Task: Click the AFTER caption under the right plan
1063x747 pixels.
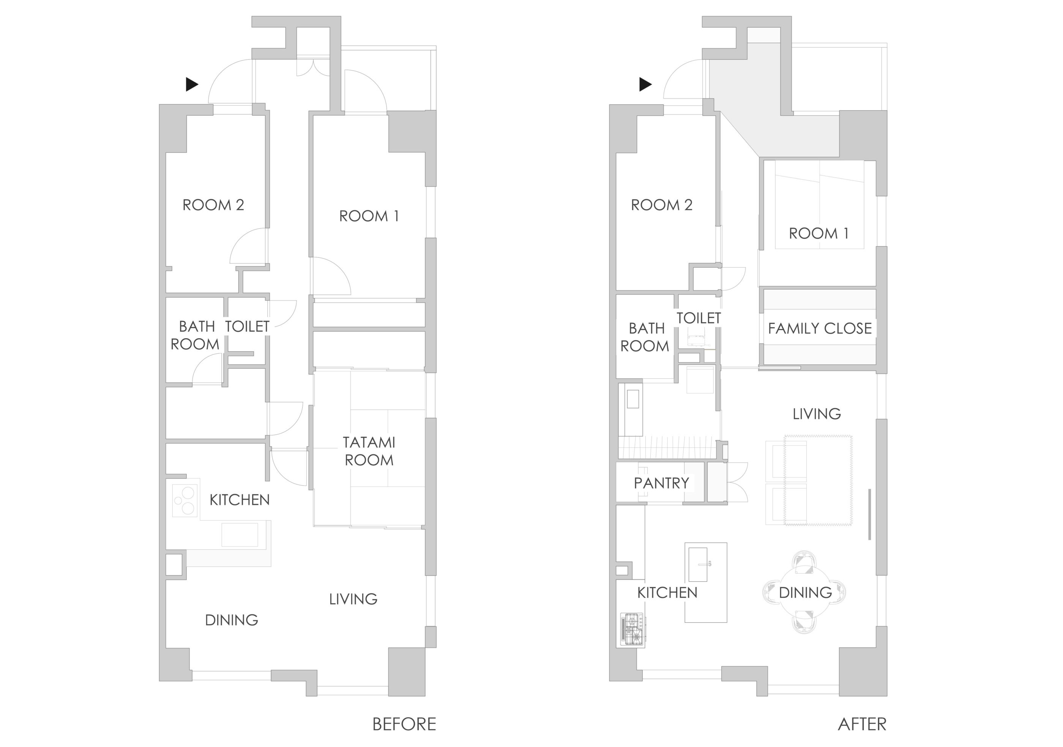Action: [x=862, y=724]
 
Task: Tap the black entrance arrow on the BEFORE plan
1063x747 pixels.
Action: [x=192, y=84]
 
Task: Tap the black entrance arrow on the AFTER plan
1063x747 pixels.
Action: [x=645, y=84]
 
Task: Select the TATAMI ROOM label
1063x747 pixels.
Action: [x=369, y=451]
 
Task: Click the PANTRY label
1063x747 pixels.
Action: [x=661, y=483]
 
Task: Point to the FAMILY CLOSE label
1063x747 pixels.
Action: [x=820, y=328]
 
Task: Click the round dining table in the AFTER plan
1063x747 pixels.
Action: [x=805, y=592]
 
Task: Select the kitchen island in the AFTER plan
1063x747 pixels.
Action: [x=706, y=582]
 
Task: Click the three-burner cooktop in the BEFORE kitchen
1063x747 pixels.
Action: [x=185, y=501]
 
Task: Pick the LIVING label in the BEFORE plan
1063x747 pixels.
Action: [x=353, y=599]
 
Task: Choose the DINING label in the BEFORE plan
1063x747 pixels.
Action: [x=232, y=620]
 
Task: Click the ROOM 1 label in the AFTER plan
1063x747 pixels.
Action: [x=819, y=234]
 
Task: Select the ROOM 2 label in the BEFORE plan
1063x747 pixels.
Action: [x=213, y=205]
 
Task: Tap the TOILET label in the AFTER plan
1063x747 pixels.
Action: [x=699, y=318]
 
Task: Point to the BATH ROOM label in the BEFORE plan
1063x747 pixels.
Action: [x=196, y=335]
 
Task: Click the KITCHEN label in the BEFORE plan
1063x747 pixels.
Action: [x=239, y=500]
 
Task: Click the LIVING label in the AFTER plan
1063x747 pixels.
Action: [x=817, y=414]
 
